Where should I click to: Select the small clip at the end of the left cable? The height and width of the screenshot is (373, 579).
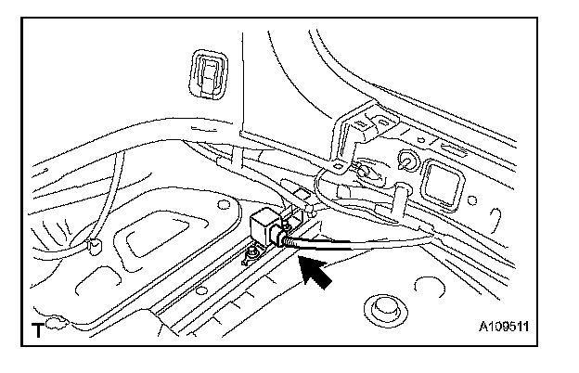(94, 246)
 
